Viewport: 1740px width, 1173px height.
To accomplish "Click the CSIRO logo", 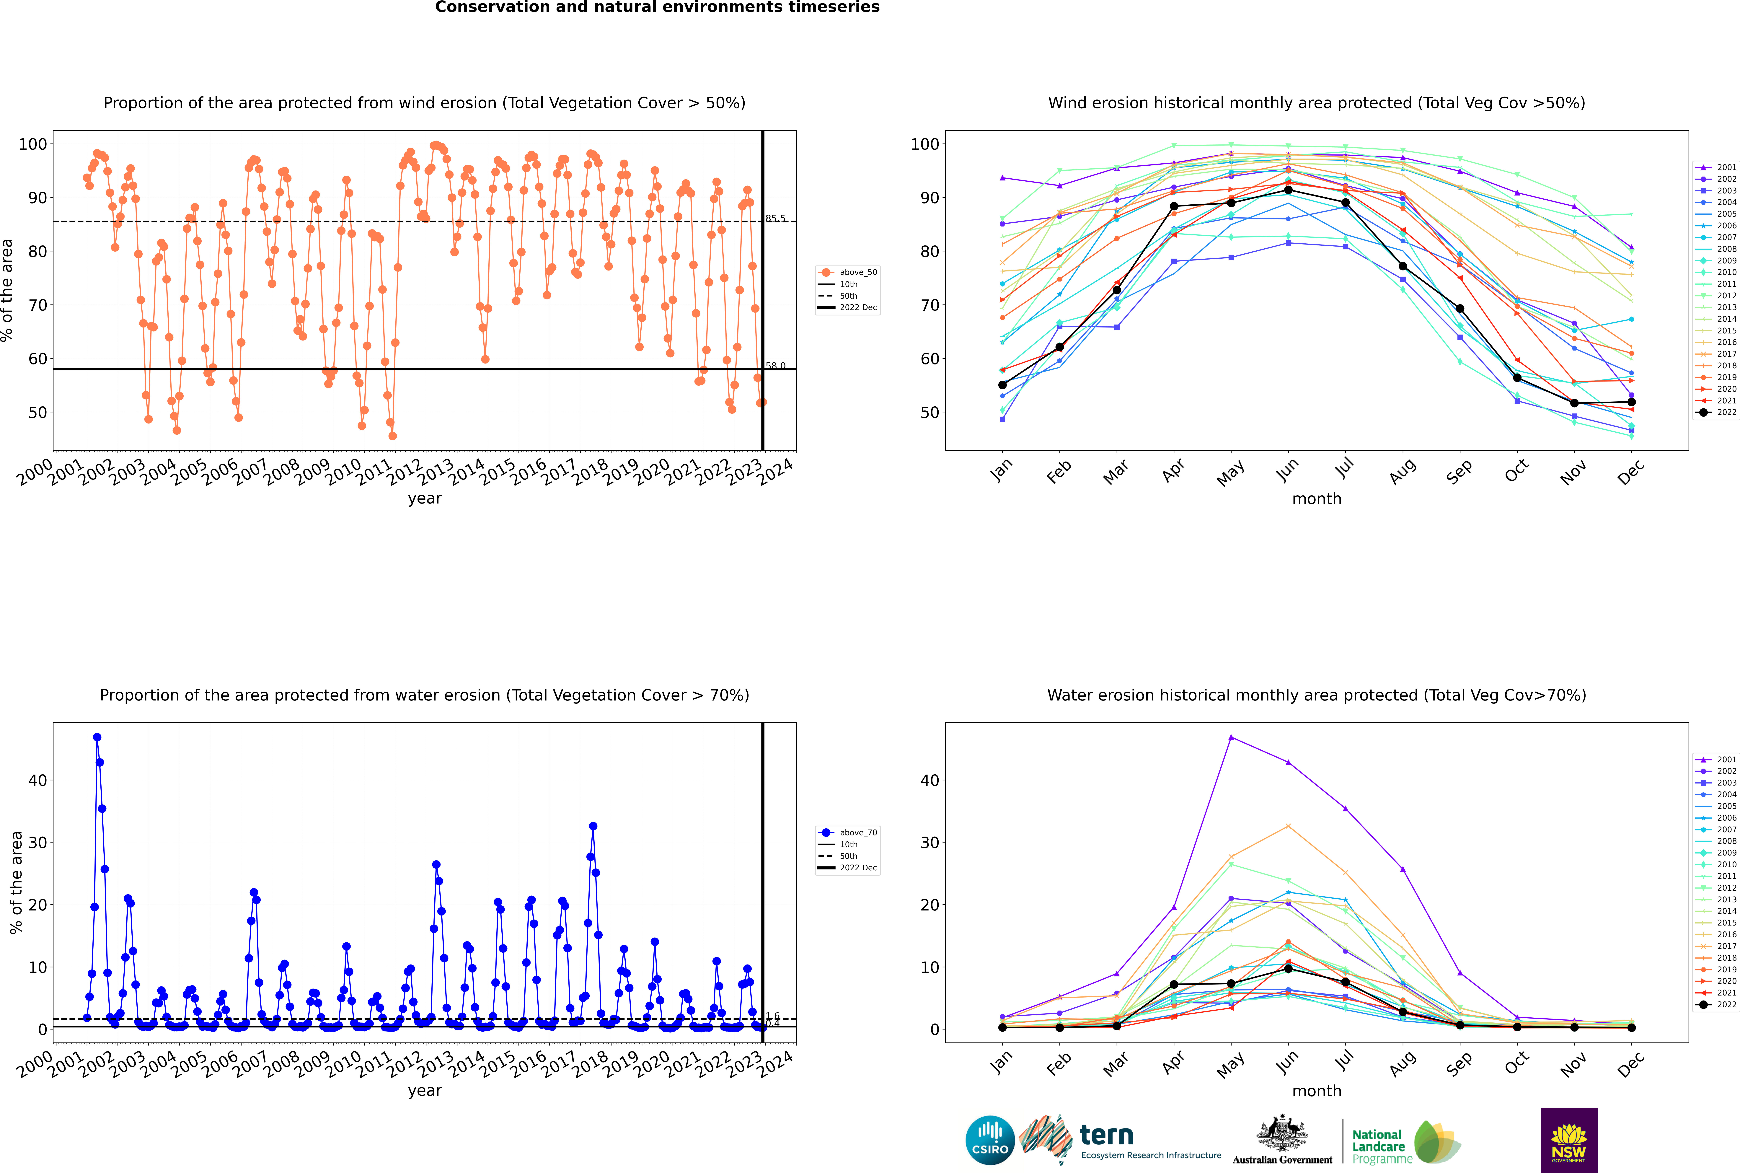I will click(x=990, y=1141).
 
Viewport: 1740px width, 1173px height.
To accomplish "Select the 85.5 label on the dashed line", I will click(x=775, y=219).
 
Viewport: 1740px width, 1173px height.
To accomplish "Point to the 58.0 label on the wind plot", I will click(x=775, y=366).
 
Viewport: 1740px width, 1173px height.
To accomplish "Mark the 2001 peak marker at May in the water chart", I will click(x=1231, y=738).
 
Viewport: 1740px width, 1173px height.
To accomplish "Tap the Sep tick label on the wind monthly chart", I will click(x=1459, y=471).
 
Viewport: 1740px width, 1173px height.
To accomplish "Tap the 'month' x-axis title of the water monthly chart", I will click(x=1317, y=1091).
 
